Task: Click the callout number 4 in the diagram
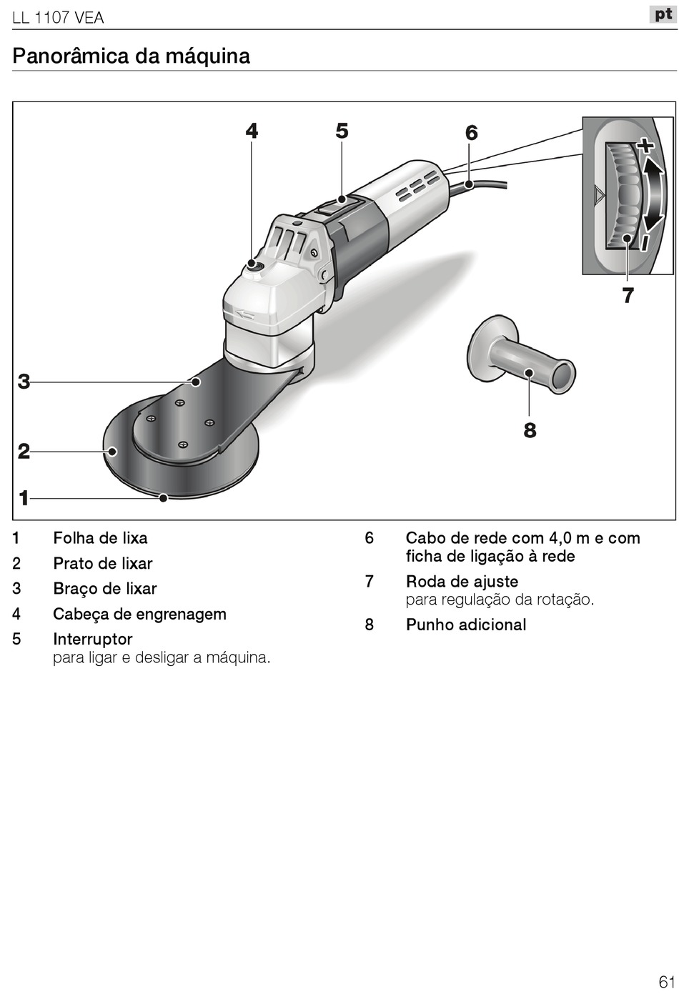pyautogui.click(x=252, y=131)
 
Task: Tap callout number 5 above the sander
pyautogui.click(x=342, y=131)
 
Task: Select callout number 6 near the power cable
pyautogui.click(x=471, y=133)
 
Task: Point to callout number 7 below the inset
pyautogui.click(x=628, y=295)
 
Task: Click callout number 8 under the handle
pyautogui.click(x=530, y=430)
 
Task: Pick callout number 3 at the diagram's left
pyautogui.click(x=24, y=382)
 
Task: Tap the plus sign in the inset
pyautogui.click(x=645, y=146)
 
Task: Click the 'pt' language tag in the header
pyautogui.click(x=663, y=14)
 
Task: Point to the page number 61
pyautogui.click(x=666, y=980)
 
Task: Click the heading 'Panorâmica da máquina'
pyautogui.click(x=132, y=56)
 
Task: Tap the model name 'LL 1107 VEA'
pyautogui.click(x=58, y=18)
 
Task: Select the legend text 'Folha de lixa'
pyautogui.click(x=100, y=538)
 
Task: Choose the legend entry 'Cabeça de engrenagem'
pyautogui.click(x=139, y=614)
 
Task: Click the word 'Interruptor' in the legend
pyautogui.click(x=93, y=639)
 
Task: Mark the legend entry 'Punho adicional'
pyautogui.click(x=465, y=625)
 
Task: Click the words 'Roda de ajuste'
pyautogui.click(x=462, y=582)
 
